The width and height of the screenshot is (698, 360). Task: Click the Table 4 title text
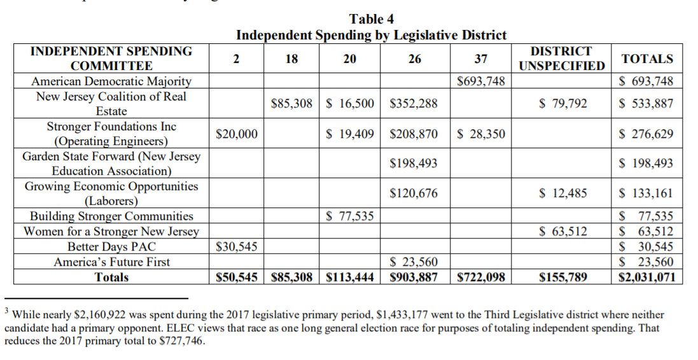[x=372, y=19]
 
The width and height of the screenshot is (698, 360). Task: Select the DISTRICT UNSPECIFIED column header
[x=561, y=59]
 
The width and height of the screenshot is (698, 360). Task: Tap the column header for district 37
[x=481, y=59]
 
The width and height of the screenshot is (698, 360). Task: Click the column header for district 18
[x=291, y=59]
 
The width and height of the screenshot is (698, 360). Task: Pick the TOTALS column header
[x=646, y=59]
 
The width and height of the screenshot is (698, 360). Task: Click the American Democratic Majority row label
[x=111, y=81]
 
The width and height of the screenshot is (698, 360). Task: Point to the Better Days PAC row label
[x=111, y=247]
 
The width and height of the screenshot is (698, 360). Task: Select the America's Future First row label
[x=111, y=261]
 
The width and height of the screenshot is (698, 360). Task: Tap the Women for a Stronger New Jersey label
[x=111, y=232]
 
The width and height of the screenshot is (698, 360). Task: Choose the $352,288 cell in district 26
[x=414, y=104]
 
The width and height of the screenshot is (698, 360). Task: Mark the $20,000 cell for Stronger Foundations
[x=237, y=134]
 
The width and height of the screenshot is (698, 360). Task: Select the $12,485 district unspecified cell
[x=563, y=193]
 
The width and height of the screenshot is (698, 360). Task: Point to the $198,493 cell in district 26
[x=414, y=163]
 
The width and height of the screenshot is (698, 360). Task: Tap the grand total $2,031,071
[x=646, y=277]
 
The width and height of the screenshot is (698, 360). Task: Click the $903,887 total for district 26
[x=414, y=277]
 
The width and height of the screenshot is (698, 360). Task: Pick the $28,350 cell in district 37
[x=481, y=134]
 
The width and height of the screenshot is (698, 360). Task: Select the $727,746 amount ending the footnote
[x=182, y=340]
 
